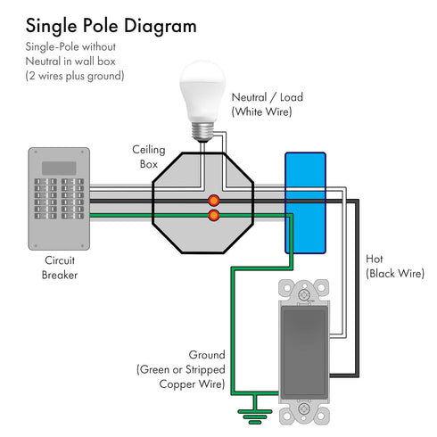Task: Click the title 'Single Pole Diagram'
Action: pos(111,27)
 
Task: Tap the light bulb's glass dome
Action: pos(202,91)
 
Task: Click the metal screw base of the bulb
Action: pos(202,131)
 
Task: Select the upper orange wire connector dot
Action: pos(214,201)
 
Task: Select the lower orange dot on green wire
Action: pos(214,215)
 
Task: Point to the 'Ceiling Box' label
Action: pos(149,157)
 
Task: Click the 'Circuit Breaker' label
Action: pos(60,268)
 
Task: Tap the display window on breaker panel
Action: pos(59,169)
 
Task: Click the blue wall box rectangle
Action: pos(305,203)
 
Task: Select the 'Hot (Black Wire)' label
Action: pos(395,267)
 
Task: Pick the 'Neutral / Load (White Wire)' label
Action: pos(267,104)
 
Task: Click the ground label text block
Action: pos(181,369)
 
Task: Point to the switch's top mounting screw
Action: pos(304,295)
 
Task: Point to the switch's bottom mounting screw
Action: pos(304,409)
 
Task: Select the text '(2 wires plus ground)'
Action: pos(75,76)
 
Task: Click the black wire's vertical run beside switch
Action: pos(357,288)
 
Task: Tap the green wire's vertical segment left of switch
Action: pos(233,331)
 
